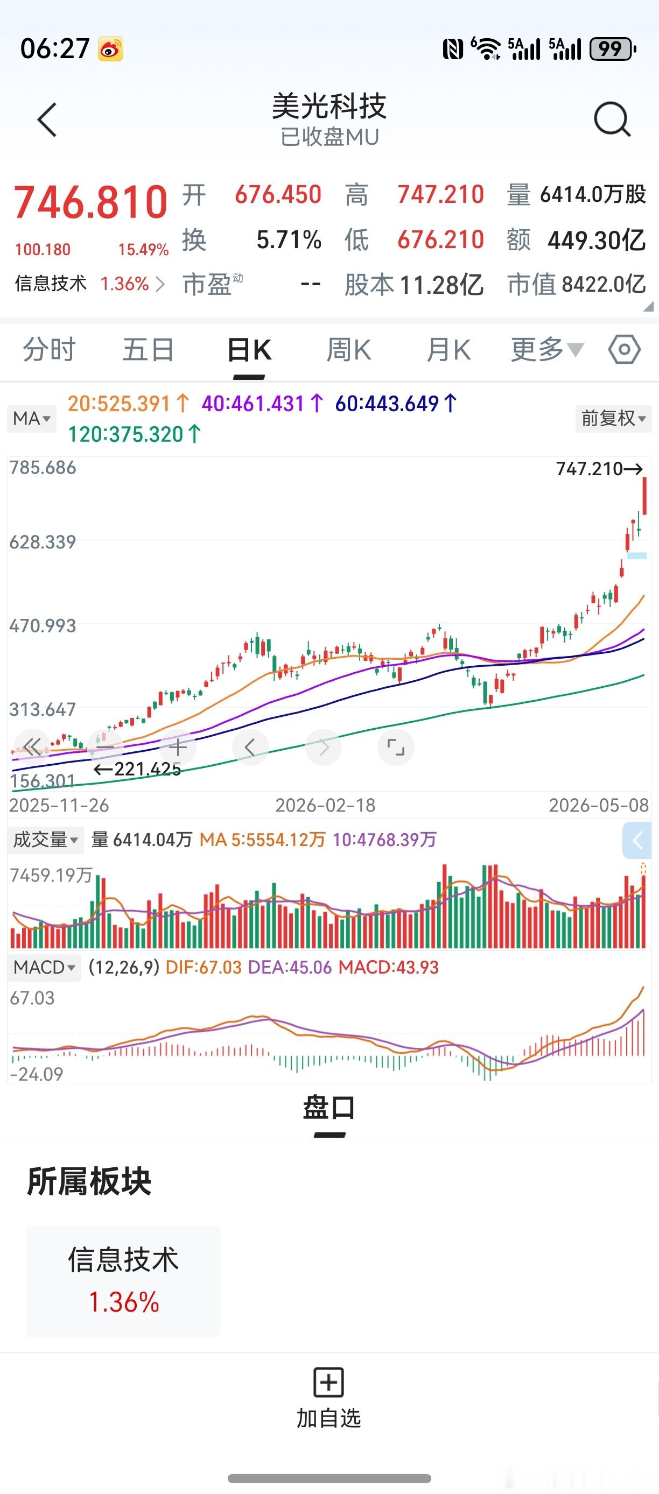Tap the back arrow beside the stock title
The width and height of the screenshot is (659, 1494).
point(47,120)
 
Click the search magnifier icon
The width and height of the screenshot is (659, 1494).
point(613,119)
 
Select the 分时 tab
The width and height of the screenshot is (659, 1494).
point(50,350)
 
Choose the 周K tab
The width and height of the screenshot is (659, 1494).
point(349,350)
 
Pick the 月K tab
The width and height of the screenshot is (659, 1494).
point(448,350)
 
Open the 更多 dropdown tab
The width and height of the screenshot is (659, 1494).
point(547,350)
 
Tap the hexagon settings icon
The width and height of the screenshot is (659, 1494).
point(624,349)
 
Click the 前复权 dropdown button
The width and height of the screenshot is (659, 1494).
point(614,418)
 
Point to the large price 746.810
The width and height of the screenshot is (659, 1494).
point(90,202)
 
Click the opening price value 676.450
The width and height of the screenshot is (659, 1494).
point(278,194)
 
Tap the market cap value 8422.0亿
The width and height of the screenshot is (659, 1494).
point(604,284)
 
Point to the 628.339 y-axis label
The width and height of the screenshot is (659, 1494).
point(43,542)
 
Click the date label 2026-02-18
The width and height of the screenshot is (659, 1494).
point(325,805)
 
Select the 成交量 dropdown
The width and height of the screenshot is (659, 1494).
point(45,839)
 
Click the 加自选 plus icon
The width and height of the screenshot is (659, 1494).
point(328,1383)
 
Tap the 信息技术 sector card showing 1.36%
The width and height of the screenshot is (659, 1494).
point(124,1281)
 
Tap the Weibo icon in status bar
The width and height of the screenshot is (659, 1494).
point(110,49)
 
